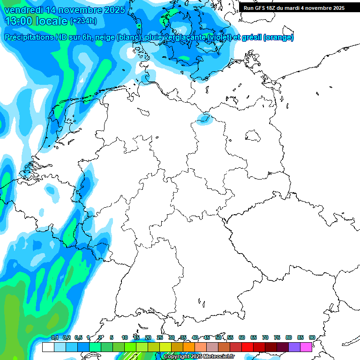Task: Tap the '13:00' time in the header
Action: click(17, 21)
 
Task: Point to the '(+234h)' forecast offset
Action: click(83, 21)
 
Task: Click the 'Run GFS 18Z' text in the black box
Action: click(262, 8)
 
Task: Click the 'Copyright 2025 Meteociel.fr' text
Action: click(199, 357)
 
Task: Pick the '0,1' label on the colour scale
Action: click(55, 337)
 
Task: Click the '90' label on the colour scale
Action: click(312, 337)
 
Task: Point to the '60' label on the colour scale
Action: click(242, 337)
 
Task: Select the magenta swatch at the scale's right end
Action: click(306, 347)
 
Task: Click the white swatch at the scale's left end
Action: click(48, 347)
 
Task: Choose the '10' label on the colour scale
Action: click(125, 337)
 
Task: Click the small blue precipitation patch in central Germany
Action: click(204, 119)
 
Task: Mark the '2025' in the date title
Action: click(112, 10)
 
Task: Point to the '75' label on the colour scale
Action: click(277, 337)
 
